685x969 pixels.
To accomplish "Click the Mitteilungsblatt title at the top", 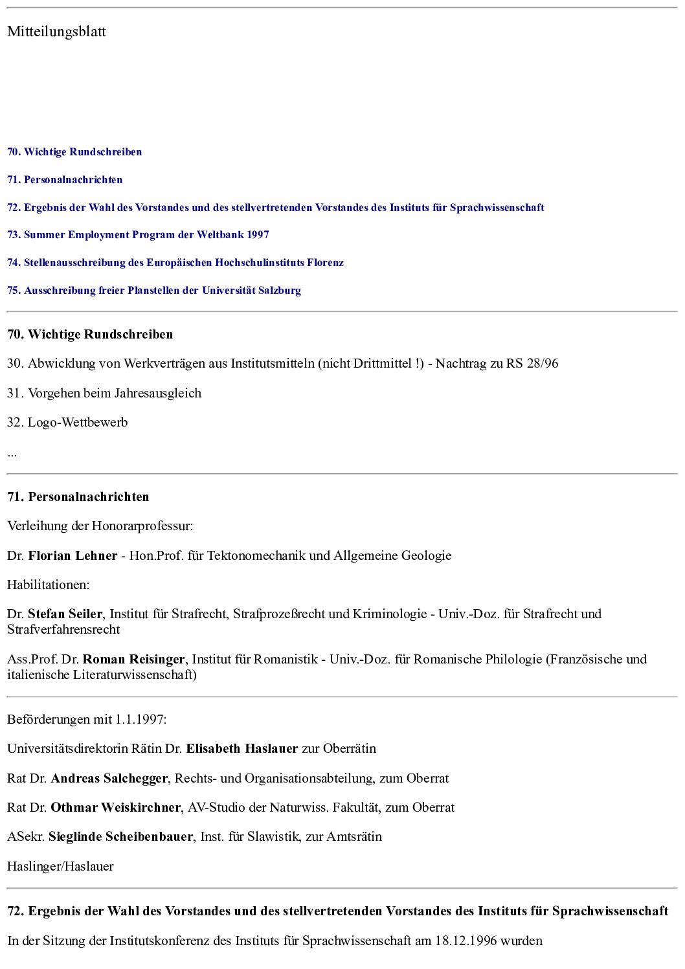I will (x=56, y=32).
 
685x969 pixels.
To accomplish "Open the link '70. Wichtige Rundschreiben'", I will (x=74, y=152).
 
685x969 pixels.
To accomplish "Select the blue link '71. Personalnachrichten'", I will (x=65, y=180).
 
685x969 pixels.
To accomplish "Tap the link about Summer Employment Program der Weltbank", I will (x=138, y=235).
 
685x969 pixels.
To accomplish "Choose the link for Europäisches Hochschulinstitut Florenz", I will (x=175, y=263).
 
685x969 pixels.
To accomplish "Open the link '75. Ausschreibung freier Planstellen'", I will (x=154, y=291).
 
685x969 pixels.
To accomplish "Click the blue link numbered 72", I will (x=275, y=208).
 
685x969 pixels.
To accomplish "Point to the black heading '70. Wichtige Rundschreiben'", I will (x=90, y=335).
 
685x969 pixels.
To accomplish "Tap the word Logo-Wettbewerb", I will (x=78, y=423).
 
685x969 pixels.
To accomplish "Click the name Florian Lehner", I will (x=73, y=556).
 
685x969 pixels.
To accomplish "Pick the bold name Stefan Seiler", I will (x=65, y=614).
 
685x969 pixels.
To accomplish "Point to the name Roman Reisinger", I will (x=134, y=660).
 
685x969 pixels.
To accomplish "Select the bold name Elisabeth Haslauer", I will (x=242, y=749).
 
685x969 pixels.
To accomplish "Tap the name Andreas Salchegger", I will (x=109, y=779).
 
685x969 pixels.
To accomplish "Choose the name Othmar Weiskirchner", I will (x=116, y=808).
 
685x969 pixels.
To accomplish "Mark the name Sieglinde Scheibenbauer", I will (x=120, y=837).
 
